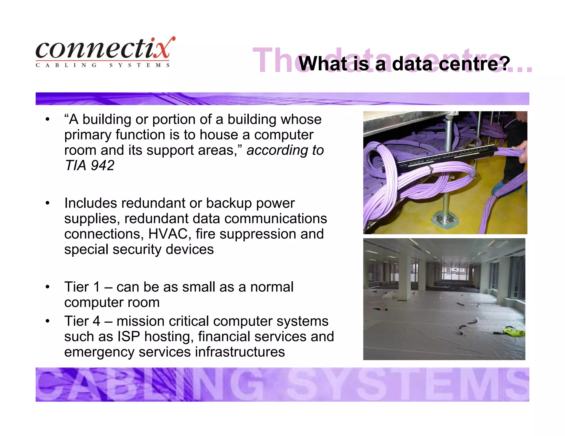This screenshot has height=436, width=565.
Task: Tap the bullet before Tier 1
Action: (x=47, y=287)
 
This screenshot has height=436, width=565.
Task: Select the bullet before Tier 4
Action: (x=47, y=321)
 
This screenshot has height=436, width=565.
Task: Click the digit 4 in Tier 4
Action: (x=96, y=321)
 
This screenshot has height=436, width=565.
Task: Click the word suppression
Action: (x=258, y=234)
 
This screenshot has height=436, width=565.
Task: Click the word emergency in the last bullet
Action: (x=99, y=352)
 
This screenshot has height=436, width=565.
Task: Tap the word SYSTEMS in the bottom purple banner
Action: (x=408, y=385)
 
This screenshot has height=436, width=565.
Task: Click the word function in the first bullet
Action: (x=140, y=135)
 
